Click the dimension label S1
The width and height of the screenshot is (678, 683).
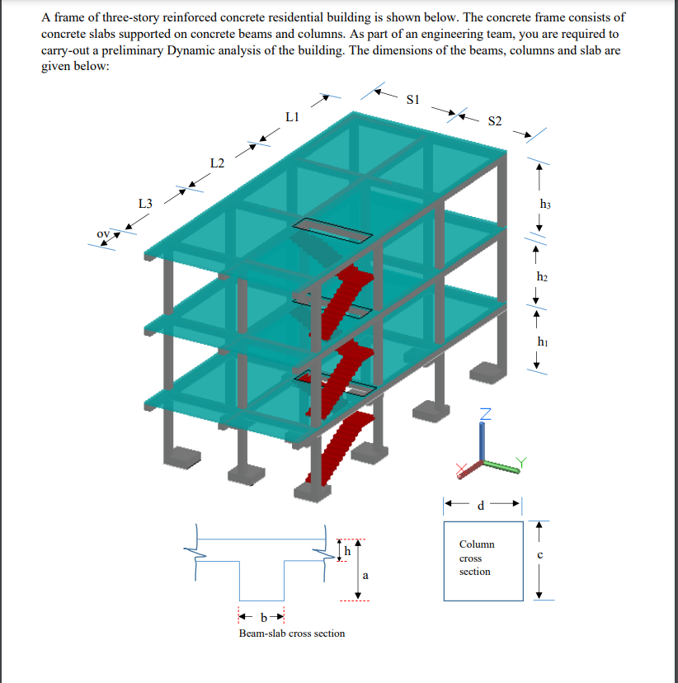[414, 100]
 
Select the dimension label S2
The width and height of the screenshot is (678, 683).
[495, 121]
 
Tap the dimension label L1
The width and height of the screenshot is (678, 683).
[291, 117]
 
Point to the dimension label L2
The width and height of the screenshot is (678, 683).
[217, 163]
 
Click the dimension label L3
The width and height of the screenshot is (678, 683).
[145, 203]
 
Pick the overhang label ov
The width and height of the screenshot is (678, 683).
[102, 233]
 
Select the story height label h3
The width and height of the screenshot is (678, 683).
[544, 203]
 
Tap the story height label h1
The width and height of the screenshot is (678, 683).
[541, 341]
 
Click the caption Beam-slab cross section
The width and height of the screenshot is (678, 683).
[292, 633]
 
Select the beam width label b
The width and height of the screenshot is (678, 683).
[263, 616]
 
